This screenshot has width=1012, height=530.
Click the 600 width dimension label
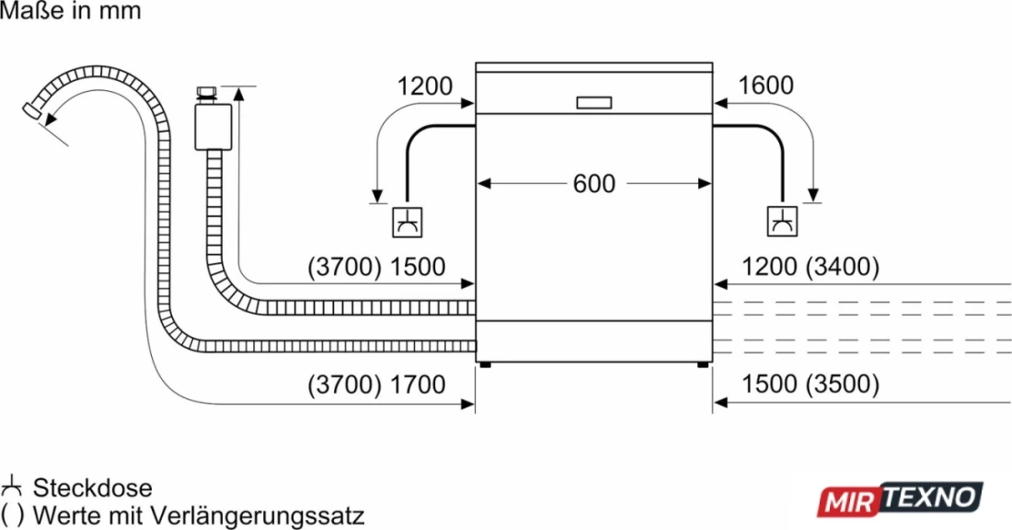coord(593,184)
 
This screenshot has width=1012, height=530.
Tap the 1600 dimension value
coord(765,86)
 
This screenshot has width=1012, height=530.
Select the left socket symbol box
coord(408,222)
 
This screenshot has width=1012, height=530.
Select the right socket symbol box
coord(782,222)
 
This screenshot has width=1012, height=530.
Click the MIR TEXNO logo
coord(901,499)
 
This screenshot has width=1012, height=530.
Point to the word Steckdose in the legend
coord(93,488)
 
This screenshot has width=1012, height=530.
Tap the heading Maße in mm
coord(70,11)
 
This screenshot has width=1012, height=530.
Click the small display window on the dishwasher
coord(593,103)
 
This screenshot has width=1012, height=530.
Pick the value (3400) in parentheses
coord(842,267)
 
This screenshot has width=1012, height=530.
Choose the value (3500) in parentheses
coord(842,384)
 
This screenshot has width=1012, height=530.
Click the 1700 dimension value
coord(418,385)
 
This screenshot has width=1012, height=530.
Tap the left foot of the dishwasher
coord(485,364)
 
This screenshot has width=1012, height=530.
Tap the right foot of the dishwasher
coord(702,364)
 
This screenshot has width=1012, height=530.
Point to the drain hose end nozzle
coord(31,111)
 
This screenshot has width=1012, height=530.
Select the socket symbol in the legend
coord(11,487)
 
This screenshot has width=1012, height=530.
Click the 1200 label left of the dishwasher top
coord(425,86)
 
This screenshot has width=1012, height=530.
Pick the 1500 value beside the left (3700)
coord(418,267)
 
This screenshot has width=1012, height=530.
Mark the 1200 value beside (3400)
coord(769,267)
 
